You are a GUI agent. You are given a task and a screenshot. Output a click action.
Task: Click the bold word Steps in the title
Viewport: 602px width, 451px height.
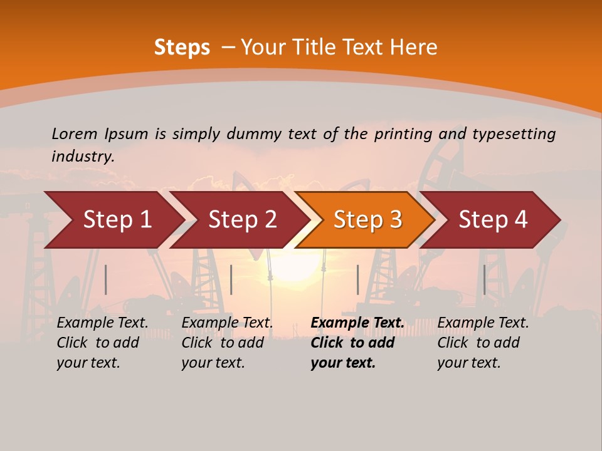(x=182, y=48)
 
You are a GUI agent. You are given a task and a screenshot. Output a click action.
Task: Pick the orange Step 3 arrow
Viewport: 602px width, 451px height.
(x=367, y=220)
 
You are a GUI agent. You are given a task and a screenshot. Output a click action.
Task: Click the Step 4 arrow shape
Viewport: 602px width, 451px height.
(x=493, y=220)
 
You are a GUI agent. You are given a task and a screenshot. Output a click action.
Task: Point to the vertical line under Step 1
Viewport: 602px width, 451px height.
(x=106, y=279)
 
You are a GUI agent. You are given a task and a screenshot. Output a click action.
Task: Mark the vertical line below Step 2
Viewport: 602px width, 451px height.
(x=231, y=279)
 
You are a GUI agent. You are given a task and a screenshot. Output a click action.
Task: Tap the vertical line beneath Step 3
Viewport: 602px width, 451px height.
(x=357, y=279)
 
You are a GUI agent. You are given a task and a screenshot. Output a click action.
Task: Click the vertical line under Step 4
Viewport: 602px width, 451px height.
(x=484, y=279)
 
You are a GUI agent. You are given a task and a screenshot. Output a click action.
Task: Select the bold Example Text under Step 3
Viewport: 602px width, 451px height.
(x=357, y=343)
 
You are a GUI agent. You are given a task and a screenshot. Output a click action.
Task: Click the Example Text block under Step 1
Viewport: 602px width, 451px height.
(x=102, y=343)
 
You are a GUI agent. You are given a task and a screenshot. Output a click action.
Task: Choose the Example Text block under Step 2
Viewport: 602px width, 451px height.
(x=227, y=343)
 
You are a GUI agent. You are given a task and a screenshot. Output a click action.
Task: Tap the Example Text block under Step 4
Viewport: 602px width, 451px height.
(x=483, y=343)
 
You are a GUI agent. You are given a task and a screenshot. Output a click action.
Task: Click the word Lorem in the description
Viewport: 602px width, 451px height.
(x=75, y=134)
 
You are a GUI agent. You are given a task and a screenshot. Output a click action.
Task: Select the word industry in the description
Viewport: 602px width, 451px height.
(x=83, y=157)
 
